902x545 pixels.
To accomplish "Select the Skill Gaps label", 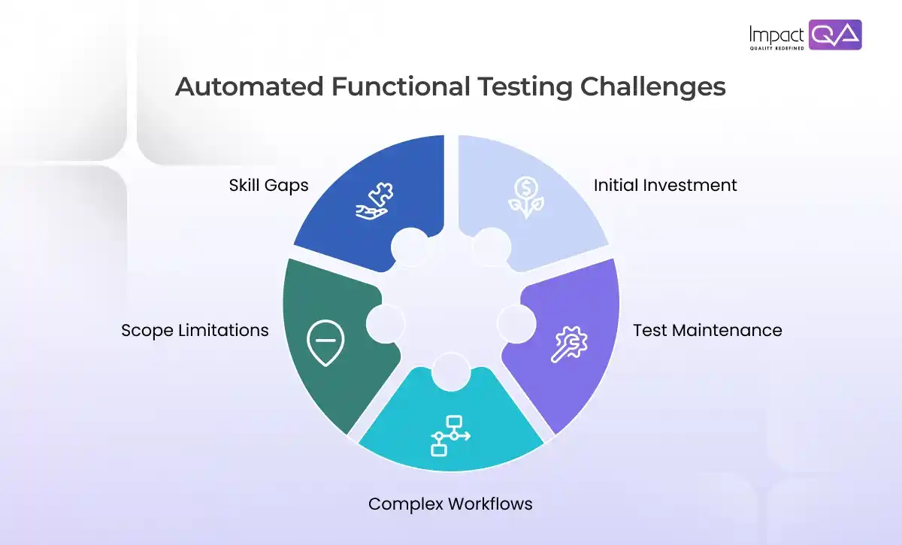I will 268,185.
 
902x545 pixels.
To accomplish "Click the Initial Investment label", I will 665,185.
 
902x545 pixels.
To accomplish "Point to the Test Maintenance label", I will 707,330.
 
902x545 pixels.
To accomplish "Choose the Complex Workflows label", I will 450,504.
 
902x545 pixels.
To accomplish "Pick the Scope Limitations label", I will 195,330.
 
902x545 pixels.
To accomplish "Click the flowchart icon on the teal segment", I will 449,434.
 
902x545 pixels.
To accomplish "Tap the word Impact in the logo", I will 776,35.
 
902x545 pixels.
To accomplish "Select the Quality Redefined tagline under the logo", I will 776,48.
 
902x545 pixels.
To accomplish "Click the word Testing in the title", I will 524,87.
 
